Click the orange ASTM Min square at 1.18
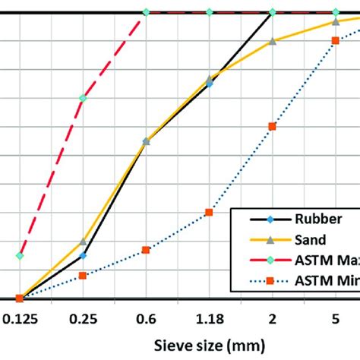pyautogui.click(x=209, y=213)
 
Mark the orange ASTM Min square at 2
pyautogui.click(x=272, y=126)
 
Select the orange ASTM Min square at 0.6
pyautogui.click(x=146, y=250)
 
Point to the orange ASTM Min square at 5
pyautogui.click(x=335, y=41)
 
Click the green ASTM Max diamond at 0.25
pyautogui.click(x=83, y=99)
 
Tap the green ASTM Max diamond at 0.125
pyautogui.click(x=21, y=256)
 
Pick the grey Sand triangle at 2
pyautogui.click(x=272, y=41)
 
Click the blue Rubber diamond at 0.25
pyautogui.click(x=83, y=255)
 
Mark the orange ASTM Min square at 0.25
pyautogui.click(x=83, y=275)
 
